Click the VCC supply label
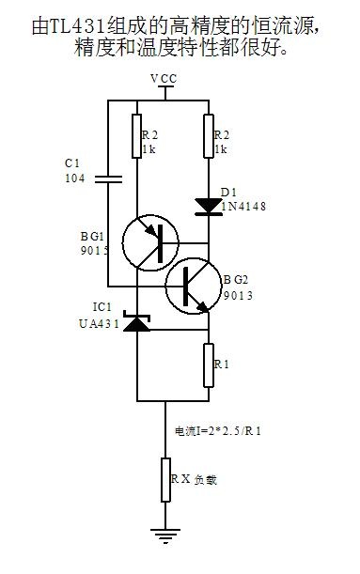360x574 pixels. pos(164,79)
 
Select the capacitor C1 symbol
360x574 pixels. pos(108,179)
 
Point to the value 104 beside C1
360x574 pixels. pos(74,178)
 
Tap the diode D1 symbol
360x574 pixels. pos(209,207)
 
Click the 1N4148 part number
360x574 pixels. pos(243,207)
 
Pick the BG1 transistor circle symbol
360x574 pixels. pos(150,242)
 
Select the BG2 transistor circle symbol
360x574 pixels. pos(194,286)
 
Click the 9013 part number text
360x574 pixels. pos(238,295)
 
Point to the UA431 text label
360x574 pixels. pos(99,323)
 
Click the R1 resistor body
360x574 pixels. pos(209,365)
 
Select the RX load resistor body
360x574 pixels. pos(165,479)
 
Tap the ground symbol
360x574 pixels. pos(165,535)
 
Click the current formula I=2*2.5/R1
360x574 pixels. pos(218,431)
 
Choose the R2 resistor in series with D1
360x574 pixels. pos(209,136)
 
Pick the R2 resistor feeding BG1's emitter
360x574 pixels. pos(136,136)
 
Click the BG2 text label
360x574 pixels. pos(236,280)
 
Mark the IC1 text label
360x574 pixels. pos(102,307)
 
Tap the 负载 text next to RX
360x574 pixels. pos(206,480)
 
